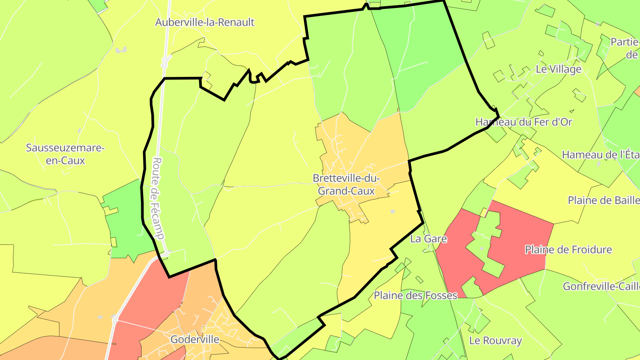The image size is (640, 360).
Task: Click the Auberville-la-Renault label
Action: (x=204, y=22)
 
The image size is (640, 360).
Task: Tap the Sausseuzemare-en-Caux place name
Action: (x=65, y=154)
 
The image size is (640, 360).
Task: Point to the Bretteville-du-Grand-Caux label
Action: (x=346, y=184)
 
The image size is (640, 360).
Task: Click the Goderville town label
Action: (x=195, y=340)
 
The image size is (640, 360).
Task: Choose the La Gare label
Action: (x=428, y=239)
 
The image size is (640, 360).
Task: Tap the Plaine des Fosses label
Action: (x=415, y=295)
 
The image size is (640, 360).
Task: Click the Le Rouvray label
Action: (x=496, y=341)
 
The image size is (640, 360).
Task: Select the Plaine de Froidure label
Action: (x=568, y=250)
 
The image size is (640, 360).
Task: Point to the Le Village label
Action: (x=559, y=69)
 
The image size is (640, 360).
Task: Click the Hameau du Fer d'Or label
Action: (x=524, y=122)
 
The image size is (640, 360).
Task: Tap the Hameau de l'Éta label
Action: (x=600, y=155)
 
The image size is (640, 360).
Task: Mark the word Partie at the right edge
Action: (x=625, y=42)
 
